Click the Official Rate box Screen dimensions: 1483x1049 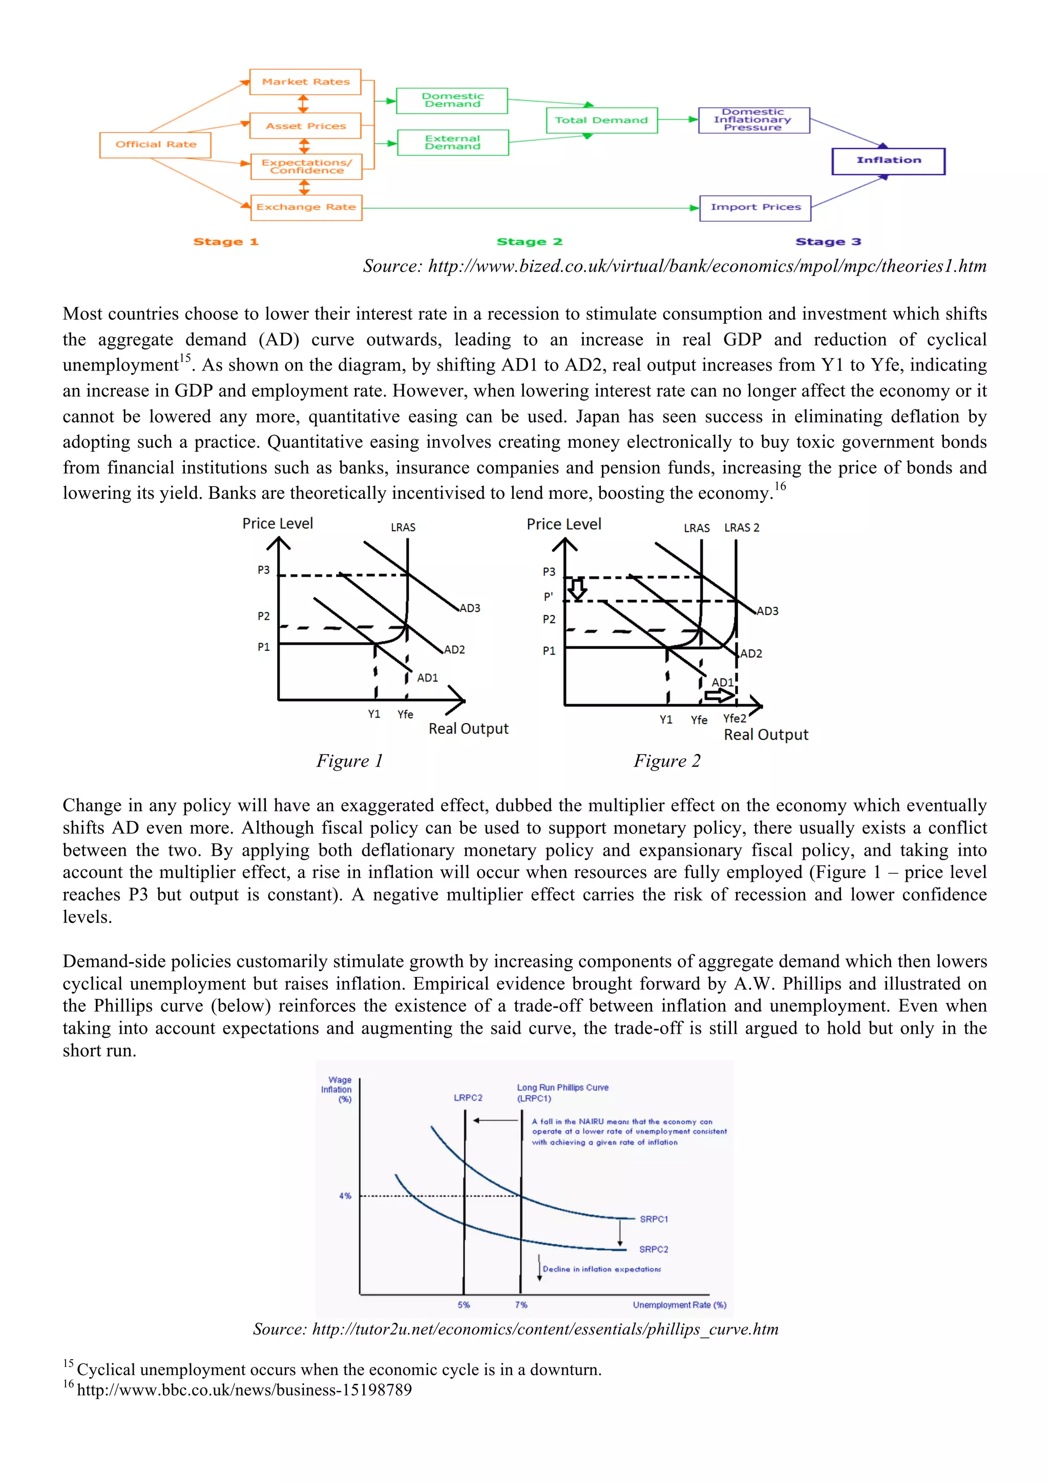point(155,145)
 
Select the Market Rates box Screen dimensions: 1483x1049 point(305,82)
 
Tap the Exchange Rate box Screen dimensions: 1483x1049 point(306,207)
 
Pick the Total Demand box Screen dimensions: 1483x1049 point(601,120)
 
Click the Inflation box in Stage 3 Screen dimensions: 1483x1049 point(888,161)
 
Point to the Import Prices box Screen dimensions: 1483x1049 point(755,207)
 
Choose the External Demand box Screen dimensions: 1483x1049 point(452,142)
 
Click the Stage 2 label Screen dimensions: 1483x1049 point(529,242)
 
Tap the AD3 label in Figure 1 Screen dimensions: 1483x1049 point(470,608)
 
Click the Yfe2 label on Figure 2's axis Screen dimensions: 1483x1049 point(734,718)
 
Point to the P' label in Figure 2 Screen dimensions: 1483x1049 point(548,596)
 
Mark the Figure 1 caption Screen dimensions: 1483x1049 point(349,761)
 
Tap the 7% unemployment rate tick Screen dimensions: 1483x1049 point(521,1305)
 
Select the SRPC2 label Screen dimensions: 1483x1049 point(654,1249)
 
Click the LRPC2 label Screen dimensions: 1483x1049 point(468,1097)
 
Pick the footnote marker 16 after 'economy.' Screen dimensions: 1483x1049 point(780,486)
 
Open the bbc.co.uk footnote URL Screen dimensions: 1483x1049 point(244,1390)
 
